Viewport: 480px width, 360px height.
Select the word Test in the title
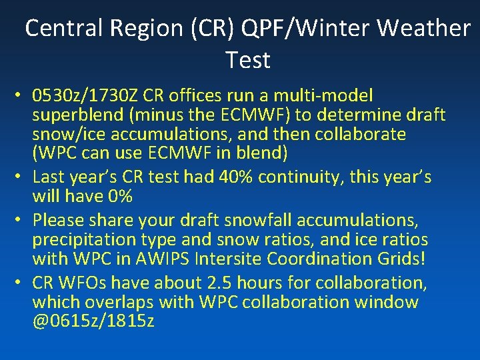click(x=248, y=60)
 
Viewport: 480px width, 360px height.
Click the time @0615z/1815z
click(x=93, y=321)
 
